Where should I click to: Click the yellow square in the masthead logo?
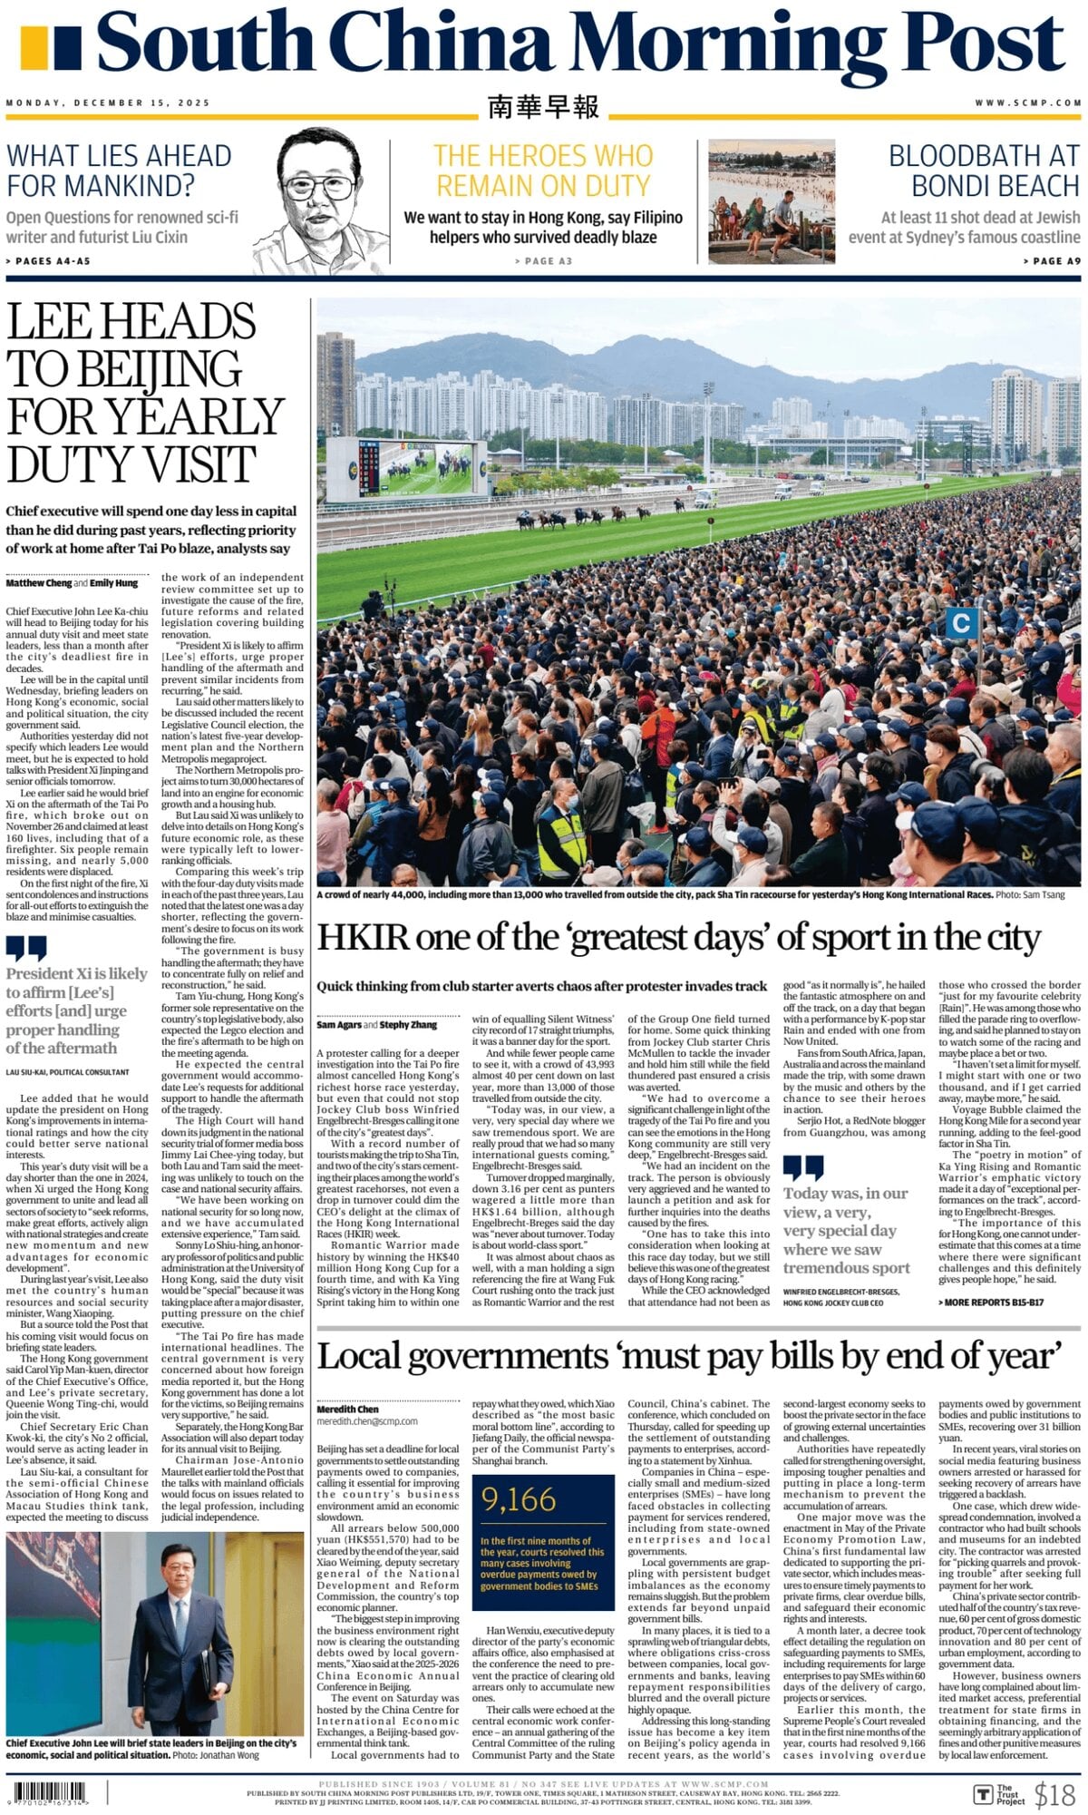pos(34,47)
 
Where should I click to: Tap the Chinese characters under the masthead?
pos(543,107)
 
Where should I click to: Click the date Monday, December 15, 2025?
pos(108,103)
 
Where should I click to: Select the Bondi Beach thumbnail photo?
pos(771,200)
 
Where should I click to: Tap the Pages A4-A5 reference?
pos(49,261)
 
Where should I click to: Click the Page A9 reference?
pos(1048,261)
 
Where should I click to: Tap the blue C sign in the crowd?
pos(962,623)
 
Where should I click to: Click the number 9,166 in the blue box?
pos(520,1499)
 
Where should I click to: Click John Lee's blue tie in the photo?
pos(180,1615)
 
